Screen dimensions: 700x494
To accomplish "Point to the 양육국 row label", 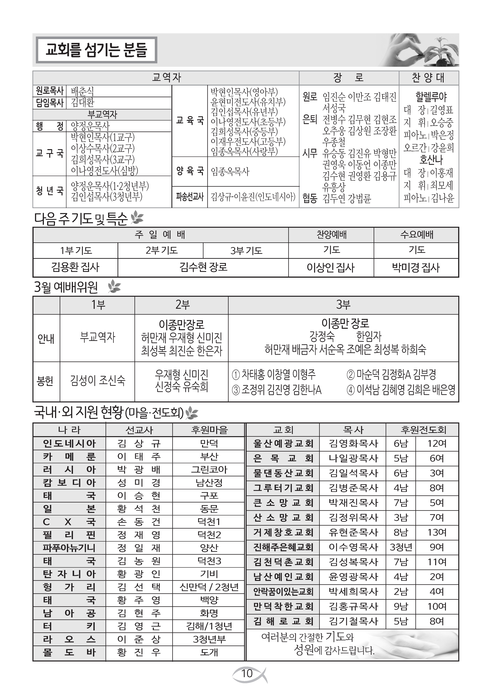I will [x=190, y=171].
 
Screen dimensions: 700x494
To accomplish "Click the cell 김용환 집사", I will [x=75, y=267].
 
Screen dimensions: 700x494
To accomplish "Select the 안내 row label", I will [x=46, y=338].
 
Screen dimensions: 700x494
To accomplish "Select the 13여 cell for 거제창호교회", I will [x=437, y=532].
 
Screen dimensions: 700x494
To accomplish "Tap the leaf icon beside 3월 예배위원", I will [x=114, y=287].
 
